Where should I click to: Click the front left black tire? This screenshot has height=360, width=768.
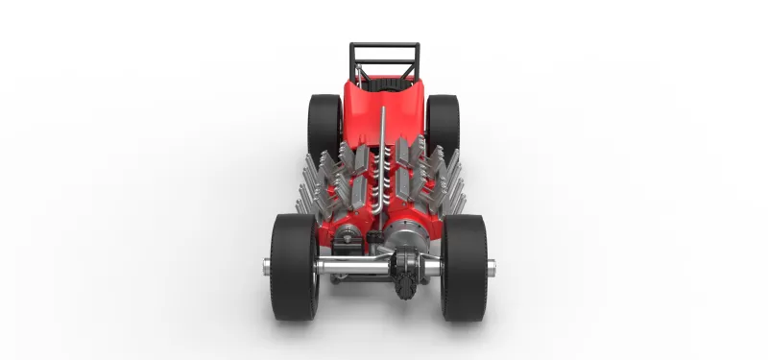pos(293,266)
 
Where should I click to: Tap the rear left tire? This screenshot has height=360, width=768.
pos(324,120)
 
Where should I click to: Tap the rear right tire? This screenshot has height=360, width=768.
pos(444,120)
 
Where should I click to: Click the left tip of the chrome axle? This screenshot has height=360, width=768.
pos(265,266)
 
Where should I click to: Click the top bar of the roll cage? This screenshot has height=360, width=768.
pos(383,44)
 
